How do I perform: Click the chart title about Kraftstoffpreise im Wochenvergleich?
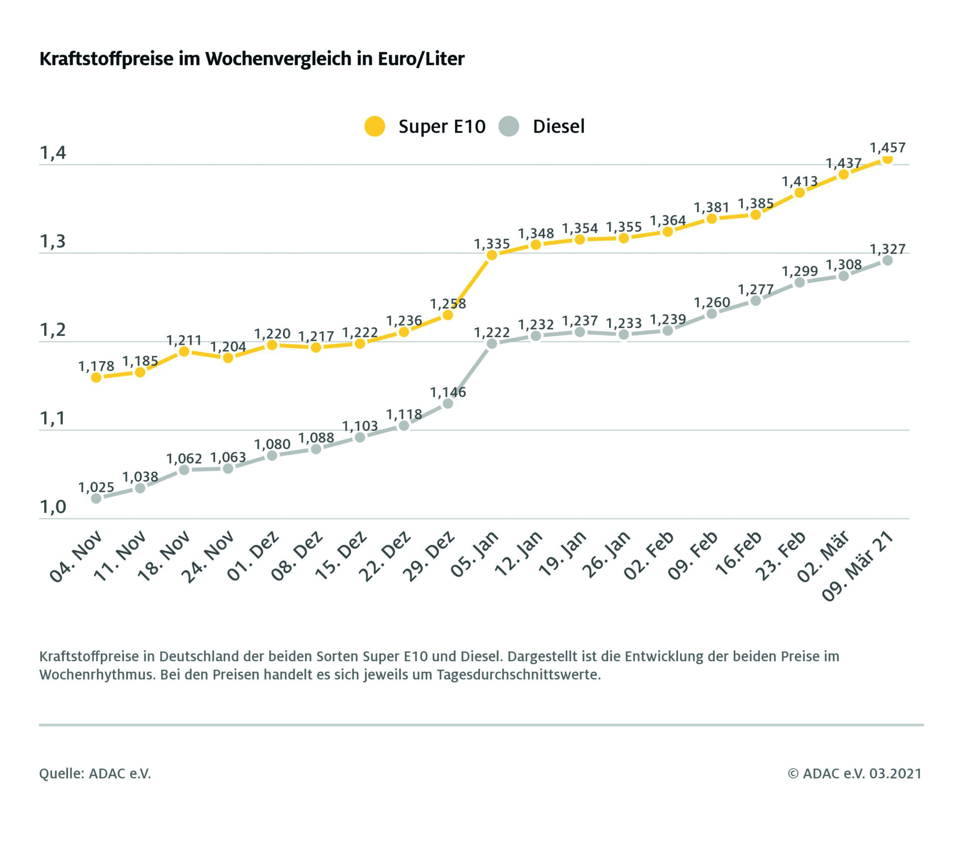[x=252, y=59]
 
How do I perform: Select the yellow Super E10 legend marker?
[x=375, y=126]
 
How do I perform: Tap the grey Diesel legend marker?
[x=509, y=126]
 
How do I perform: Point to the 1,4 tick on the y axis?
[x=53, y=153]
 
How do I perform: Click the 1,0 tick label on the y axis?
[x=53, y=507]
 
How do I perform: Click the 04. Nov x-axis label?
[x=77, y=556]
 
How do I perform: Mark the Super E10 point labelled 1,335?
[x=492, y=255]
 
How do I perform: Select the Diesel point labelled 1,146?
[x=448, y=403]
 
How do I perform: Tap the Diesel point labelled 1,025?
[x=96, y=498]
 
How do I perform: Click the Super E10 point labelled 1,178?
[x=96, y=377]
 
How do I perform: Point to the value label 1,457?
[x=887, y=148]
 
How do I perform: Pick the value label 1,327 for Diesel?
[x=887, y=249]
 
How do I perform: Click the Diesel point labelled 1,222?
[x=492, y=344]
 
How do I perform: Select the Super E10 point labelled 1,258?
[x=448, y=315]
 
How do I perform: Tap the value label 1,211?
[x=184, y=341]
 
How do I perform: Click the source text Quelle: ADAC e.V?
[x=95, y=774]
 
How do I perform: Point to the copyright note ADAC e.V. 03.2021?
[x=855, y=774]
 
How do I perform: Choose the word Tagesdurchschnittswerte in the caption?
[x=518, y=675]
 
